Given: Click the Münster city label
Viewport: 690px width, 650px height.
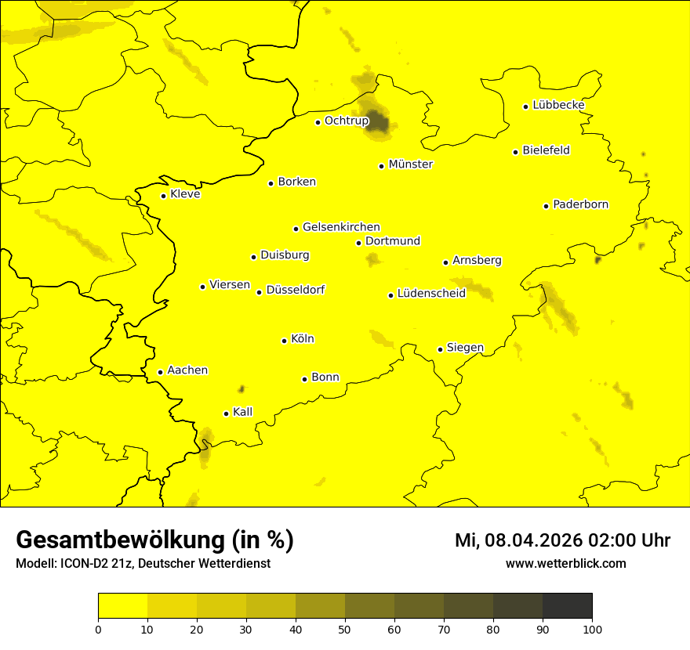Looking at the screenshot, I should tap(410, 164).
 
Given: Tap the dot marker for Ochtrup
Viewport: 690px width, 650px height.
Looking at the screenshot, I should tap(318, 122).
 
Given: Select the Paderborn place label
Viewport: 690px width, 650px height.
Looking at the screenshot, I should tap(580, 204).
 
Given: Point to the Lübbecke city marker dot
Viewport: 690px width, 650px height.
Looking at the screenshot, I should tap(526, 107).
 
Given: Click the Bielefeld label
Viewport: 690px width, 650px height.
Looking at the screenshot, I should tap(546, 150).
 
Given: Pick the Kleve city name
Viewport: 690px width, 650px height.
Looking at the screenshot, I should tap(185, 194).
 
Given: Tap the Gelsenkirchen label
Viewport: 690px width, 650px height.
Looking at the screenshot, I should tap(341, 227).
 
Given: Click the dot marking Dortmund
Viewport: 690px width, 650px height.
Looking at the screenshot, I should tap(359, 243).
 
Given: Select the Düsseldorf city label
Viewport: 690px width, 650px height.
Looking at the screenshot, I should tap(296, 291).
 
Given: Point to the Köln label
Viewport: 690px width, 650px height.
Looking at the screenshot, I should tap(302, 339).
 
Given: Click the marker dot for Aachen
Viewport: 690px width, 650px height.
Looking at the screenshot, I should tap(161, 372).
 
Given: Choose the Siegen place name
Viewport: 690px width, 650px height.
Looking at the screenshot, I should tap(465, 348).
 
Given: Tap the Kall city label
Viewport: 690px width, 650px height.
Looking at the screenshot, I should tap(243, 412).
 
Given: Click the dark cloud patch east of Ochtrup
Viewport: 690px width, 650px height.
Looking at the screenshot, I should tap(378, 121).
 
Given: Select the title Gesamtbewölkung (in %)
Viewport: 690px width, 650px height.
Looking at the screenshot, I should tap(154, 540).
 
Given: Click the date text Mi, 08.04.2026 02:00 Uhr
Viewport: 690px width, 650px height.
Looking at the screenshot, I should tap(562, 540).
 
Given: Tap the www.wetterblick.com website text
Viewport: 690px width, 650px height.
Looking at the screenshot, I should tap(565, 563).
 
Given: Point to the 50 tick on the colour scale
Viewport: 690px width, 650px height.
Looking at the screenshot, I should tap(345, 629).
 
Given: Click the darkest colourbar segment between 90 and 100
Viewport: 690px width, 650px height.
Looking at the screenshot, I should tap(567, 606).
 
